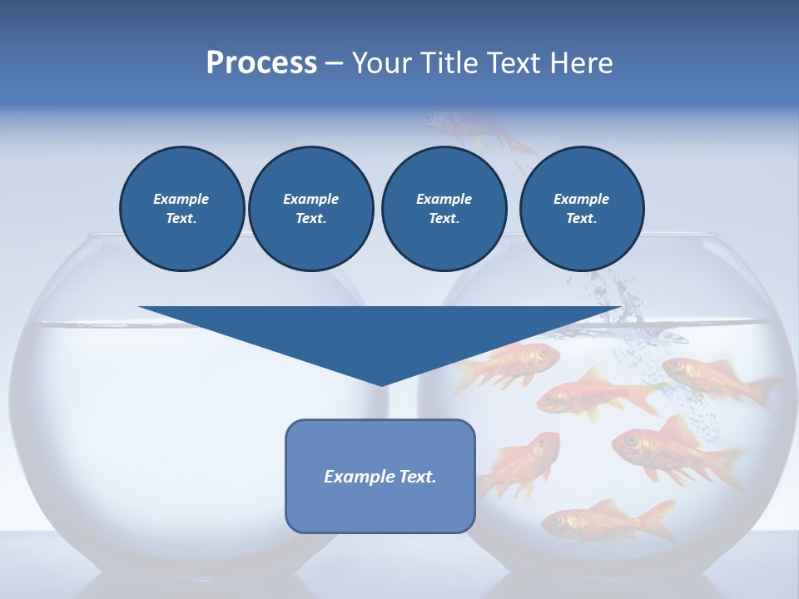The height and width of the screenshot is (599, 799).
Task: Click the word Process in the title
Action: pos(261,63)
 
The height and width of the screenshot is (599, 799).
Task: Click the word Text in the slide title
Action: pos(516,63)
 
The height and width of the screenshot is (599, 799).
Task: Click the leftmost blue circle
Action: pos(181,208)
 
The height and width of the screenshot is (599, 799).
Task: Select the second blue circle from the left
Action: pos(310,208)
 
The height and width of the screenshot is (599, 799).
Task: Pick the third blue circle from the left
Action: pos(444,208)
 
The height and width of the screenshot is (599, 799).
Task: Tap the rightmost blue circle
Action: pos(581,208)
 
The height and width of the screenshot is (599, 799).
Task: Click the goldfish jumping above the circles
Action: pos(474,129)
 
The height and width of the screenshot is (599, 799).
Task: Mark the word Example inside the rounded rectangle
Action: pos(357,477)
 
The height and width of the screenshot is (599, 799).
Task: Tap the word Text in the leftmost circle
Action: pos(181,218)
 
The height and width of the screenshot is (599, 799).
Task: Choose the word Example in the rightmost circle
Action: pos(581,199)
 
